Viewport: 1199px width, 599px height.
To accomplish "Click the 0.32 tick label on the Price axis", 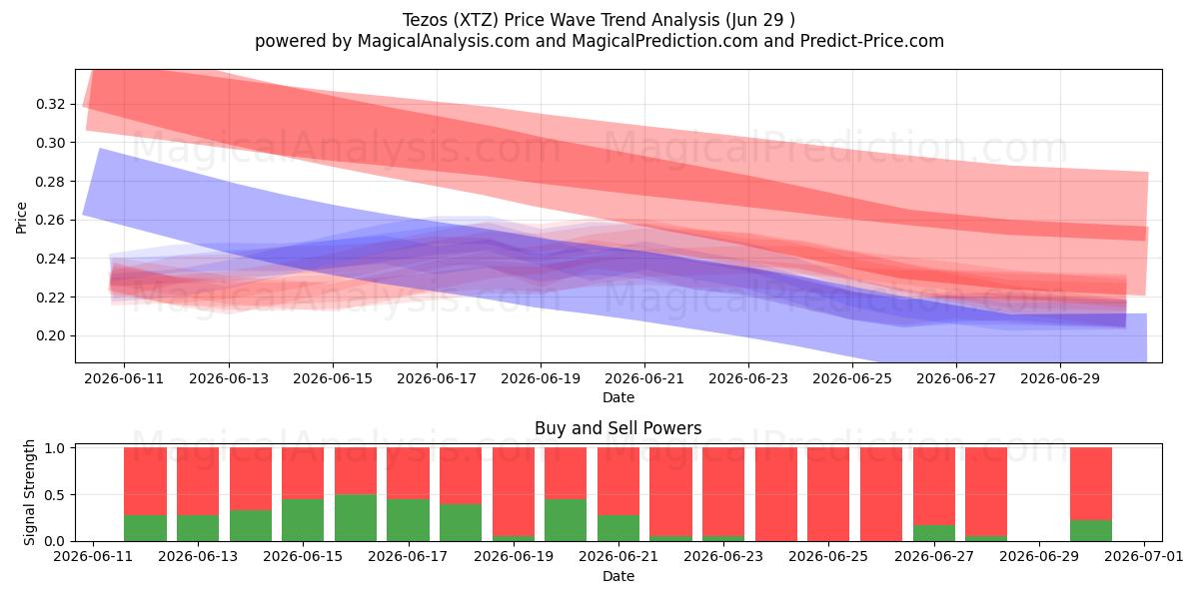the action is pos(51,104).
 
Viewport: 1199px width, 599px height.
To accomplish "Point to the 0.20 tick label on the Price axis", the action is pos(51,335).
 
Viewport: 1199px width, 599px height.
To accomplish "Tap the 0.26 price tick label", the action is pos(51,220).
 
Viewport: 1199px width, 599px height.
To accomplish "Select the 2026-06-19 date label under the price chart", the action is pos(541,378).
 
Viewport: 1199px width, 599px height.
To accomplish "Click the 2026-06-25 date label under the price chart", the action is pos(852,378).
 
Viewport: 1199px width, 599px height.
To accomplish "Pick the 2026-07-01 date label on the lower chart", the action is pos(1144,556).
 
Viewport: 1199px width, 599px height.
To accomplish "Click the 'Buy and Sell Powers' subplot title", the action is pos(618,428).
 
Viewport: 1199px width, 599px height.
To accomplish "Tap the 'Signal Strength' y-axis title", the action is pos(29,492).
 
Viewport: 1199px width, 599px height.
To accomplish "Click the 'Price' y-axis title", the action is pos(21,218).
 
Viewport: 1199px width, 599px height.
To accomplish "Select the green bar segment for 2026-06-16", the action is pos(356,518).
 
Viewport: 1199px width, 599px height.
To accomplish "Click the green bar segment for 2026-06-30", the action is pos(1091,530).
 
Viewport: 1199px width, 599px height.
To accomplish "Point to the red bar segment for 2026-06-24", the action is pos(776,494).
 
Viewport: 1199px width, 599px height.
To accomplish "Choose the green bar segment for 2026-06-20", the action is pos(566,520).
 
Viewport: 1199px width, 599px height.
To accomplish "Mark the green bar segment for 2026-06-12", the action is pos(145,528).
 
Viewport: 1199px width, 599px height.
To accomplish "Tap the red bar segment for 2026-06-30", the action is pos(1091,483).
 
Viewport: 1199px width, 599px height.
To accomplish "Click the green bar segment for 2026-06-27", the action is pos(934,533).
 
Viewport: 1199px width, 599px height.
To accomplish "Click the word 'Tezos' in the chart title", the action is pos(425,20).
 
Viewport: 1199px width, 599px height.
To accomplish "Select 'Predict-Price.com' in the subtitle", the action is pos(872,41).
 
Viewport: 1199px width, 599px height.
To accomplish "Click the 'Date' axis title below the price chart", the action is pos(618,398).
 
